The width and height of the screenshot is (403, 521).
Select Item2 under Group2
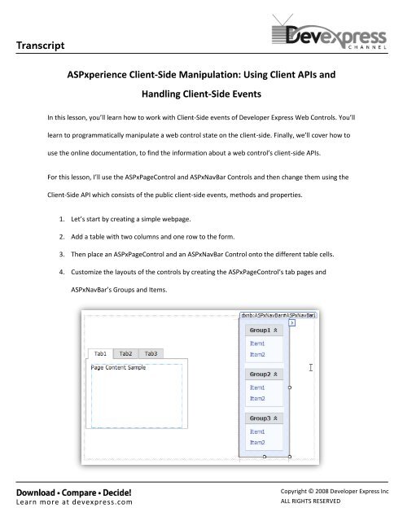click(x=257, y=398)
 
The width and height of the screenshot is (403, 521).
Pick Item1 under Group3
click(x=257, y=431)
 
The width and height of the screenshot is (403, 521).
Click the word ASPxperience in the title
click(x=108, y=72)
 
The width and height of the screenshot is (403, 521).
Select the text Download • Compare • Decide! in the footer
click(x=64, y=492)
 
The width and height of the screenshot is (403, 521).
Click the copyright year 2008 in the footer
click(x=326, y=493)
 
